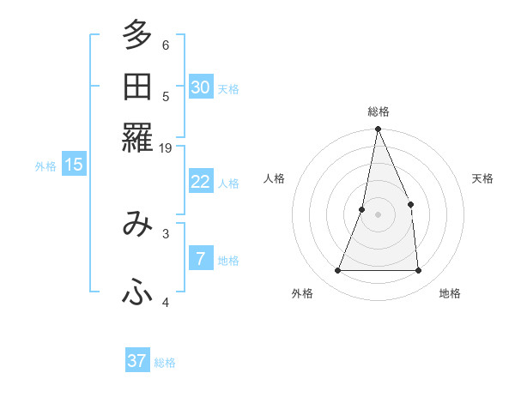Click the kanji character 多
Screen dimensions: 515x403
(x=137, y=37)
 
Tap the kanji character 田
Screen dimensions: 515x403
(x=137, y=87)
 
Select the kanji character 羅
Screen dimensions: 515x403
(x=137, y=138)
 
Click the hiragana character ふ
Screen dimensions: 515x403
(x=137, y=293)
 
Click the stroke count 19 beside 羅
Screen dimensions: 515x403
(x=166, y=148)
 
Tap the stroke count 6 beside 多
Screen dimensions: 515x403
(x=166, y=45)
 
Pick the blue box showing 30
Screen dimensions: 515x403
(x=201, y=87)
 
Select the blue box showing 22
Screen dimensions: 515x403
(x=201, y=182)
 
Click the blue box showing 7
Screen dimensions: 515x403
(x=201, y=259)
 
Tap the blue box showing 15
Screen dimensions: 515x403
(x=74, y=165)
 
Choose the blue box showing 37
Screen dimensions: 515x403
(x=137, y=361)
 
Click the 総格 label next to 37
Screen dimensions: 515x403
(x=166, y=363)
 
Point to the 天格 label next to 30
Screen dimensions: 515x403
(x=228, y=88)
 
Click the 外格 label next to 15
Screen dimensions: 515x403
(x=45, y=166)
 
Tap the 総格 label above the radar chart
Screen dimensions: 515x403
(x=378, y=111)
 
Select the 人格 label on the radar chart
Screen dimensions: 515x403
(x=275, y=178)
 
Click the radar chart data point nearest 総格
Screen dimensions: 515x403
(x=378, y=129)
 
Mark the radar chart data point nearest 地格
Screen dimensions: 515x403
(x=418, y=270)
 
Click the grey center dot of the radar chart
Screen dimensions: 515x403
(x=378, y=214)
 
